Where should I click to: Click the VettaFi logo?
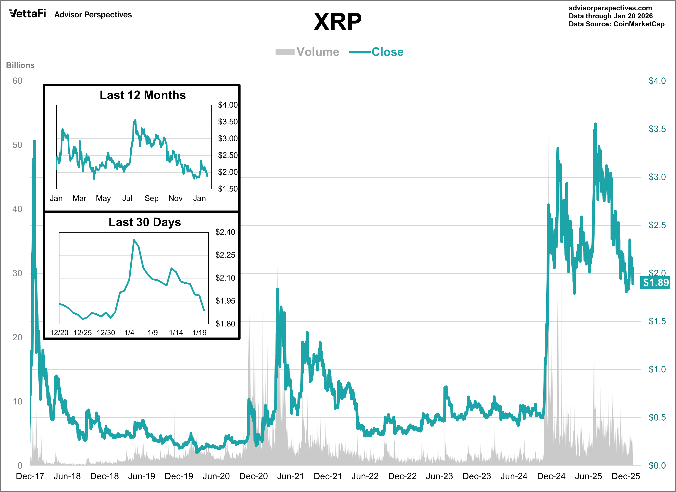point(27,13)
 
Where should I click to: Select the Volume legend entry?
point(308,52)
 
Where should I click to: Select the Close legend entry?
point(377,52)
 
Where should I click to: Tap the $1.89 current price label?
point(655,282)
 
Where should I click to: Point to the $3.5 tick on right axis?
point(657,129)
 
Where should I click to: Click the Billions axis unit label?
point(20,65)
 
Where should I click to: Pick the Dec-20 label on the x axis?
point(253,476)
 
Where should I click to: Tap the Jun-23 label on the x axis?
point(439,476)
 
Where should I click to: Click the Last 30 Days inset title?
point(145,222)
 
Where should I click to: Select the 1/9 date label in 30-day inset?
point(153,332)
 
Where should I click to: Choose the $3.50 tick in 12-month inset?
point(228,122)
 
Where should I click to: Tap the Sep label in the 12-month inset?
point(151,198)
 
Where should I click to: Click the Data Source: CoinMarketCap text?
point(616,24)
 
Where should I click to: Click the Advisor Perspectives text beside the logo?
point(93,15)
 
